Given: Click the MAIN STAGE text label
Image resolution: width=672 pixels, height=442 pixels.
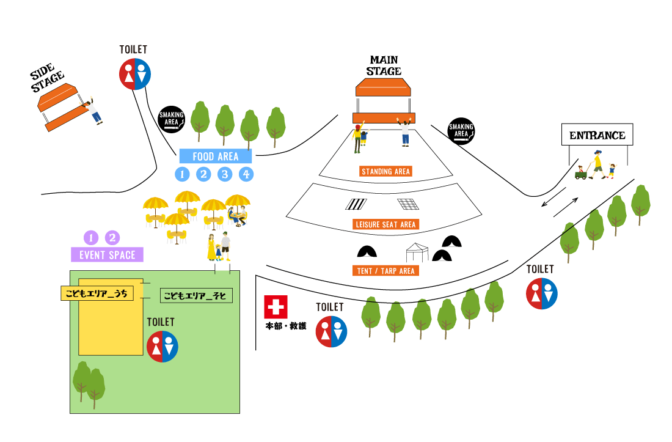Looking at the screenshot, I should (x=384, y=65).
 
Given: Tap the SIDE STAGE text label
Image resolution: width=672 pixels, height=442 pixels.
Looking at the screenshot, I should (x=47, y=78).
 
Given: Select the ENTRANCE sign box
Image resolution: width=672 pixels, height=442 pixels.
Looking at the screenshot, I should (x=597, y=135).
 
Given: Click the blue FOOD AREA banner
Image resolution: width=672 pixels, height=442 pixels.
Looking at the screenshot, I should (x=215, y=157).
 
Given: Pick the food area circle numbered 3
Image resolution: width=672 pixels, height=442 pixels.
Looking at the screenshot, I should (x=225, y=174).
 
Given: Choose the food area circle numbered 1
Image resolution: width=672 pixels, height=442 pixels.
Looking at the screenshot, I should (x=182, y=174).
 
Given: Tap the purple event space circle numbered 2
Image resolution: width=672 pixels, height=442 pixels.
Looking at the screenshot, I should (x=112, y=238).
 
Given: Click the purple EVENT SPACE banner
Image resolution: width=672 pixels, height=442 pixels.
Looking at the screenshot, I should (x=108, y=255).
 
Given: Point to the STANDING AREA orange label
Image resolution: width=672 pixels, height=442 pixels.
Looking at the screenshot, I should (x=385, y=171).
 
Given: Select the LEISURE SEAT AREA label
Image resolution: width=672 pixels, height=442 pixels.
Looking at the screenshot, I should (x=385, y=224).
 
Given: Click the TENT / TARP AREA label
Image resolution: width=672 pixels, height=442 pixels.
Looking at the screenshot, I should (x=385, y=270).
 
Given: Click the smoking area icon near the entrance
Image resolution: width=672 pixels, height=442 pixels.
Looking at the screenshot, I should (x=461, y=131).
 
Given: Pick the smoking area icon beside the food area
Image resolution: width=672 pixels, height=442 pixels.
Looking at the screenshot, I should (x=172, y=118).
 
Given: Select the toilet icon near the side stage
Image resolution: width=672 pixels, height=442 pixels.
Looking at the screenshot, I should (x=134, y=74).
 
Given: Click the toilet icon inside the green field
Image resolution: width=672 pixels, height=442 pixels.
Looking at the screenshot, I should (x=162, y=347).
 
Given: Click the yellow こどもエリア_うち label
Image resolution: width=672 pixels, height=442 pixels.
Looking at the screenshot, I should (x=98, y=293).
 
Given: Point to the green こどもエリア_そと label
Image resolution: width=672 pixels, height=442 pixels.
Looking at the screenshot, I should (x=196, y=296).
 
